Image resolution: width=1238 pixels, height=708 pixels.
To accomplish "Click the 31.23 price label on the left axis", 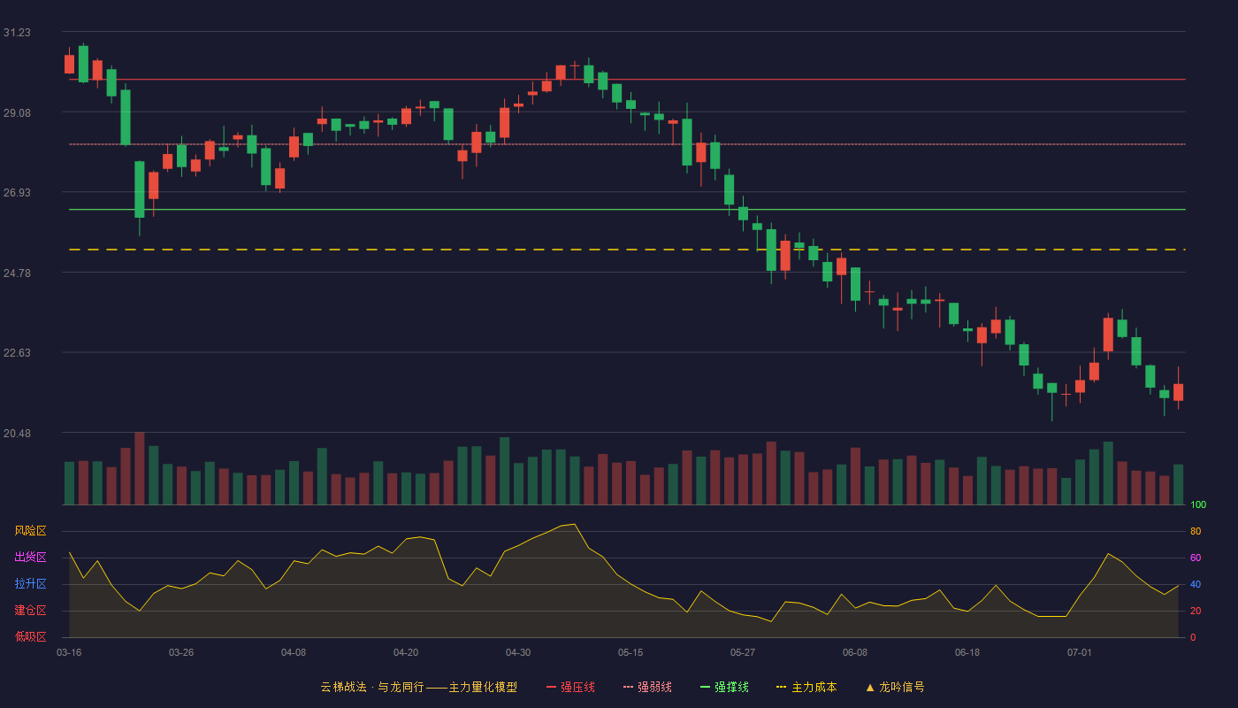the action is click(x=17, y=33).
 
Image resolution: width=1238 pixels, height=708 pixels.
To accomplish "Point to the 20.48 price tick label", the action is click(x=17, y=433).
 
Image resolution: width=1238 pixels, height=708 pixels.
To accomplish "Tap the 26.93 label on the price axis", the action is click(x=17, y=193).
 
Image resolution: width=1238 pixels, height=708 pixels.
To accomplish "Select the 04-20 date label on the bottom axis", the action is click(x=406, y=653).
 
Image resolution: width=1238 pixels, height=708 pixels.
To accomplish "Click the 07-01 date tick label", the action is click(x=1080, y=653).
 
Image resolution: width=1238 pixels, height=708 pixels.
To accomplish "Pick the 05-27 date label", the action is click(x=742, y=653).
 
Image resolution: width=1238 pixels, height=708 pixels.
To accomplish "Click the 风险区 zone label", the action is click(x=30, y=531).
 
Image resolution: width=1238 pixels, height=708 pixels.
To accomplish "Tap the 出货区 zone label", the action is click(x=30, y=557).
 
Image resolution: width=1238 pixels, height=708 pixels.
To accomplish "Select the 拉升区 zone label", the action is click(x=30, y=583).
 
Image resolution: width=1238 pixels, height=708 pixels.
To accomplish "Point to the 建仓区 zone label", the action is click(x=30, y=610).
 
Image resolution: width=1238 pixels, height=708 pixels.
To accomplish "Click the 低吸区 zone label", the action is click(x=30, y=636).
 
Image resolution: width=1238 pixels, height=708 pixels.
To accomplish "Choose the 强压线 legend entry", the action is click(x=570, y=687).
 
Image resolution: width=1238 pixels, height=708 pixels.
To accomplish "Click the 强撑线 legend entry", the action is click(x=724, y=687).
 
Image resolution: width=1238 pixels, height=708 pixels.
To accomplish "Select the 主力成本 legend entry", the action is click(x=806, y=687).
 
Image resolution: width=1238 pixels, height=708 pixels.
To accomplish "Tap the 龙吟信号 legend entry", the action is click(x=895, y=687).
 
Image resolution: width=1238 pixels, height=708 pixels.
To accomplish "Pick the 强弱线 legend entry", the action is click(x=647, y=687).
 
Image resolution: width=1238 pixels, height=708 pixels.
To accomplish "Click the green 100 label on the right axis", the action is click(x=1198, y=504).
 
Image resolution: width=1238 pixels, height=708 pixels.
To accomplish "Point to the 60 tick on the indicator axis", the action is click(x=1196, y=558).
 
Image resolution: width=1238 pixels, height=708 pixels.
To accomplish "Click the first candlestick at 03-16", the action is click(x=69, y=64).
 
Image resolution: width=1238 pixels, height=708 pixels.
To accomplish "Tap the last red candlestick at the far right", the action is click(x=1178, y=391).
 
